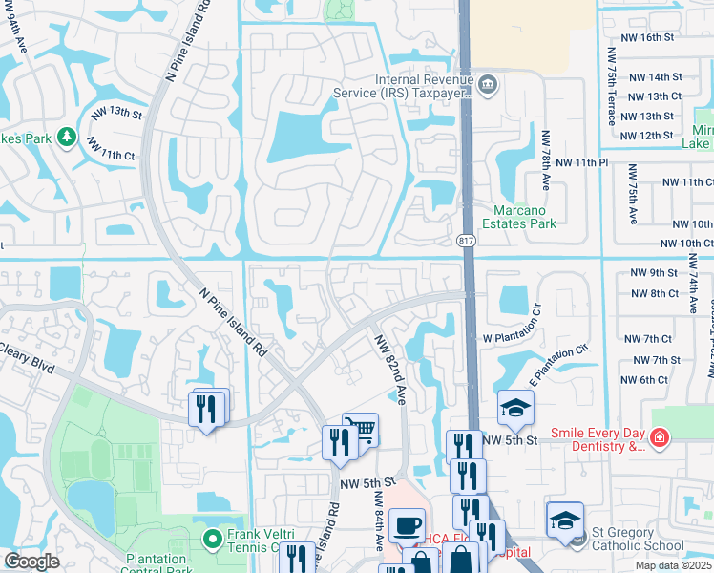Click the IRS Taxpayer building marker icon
click(x=488, y=85)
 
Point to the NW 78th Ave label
click(x=547, y=157)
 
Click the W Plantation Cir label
click(x=519, y=338)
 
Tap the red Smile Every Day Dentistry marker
click(x=659, y=437)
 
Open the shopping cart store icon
click(x=361, y=429)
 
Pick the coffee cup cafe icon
click(x=408, y=524)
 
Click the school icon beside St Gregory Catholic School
click(x=565, y=520)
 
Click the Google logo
click(x=31, y=562)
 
